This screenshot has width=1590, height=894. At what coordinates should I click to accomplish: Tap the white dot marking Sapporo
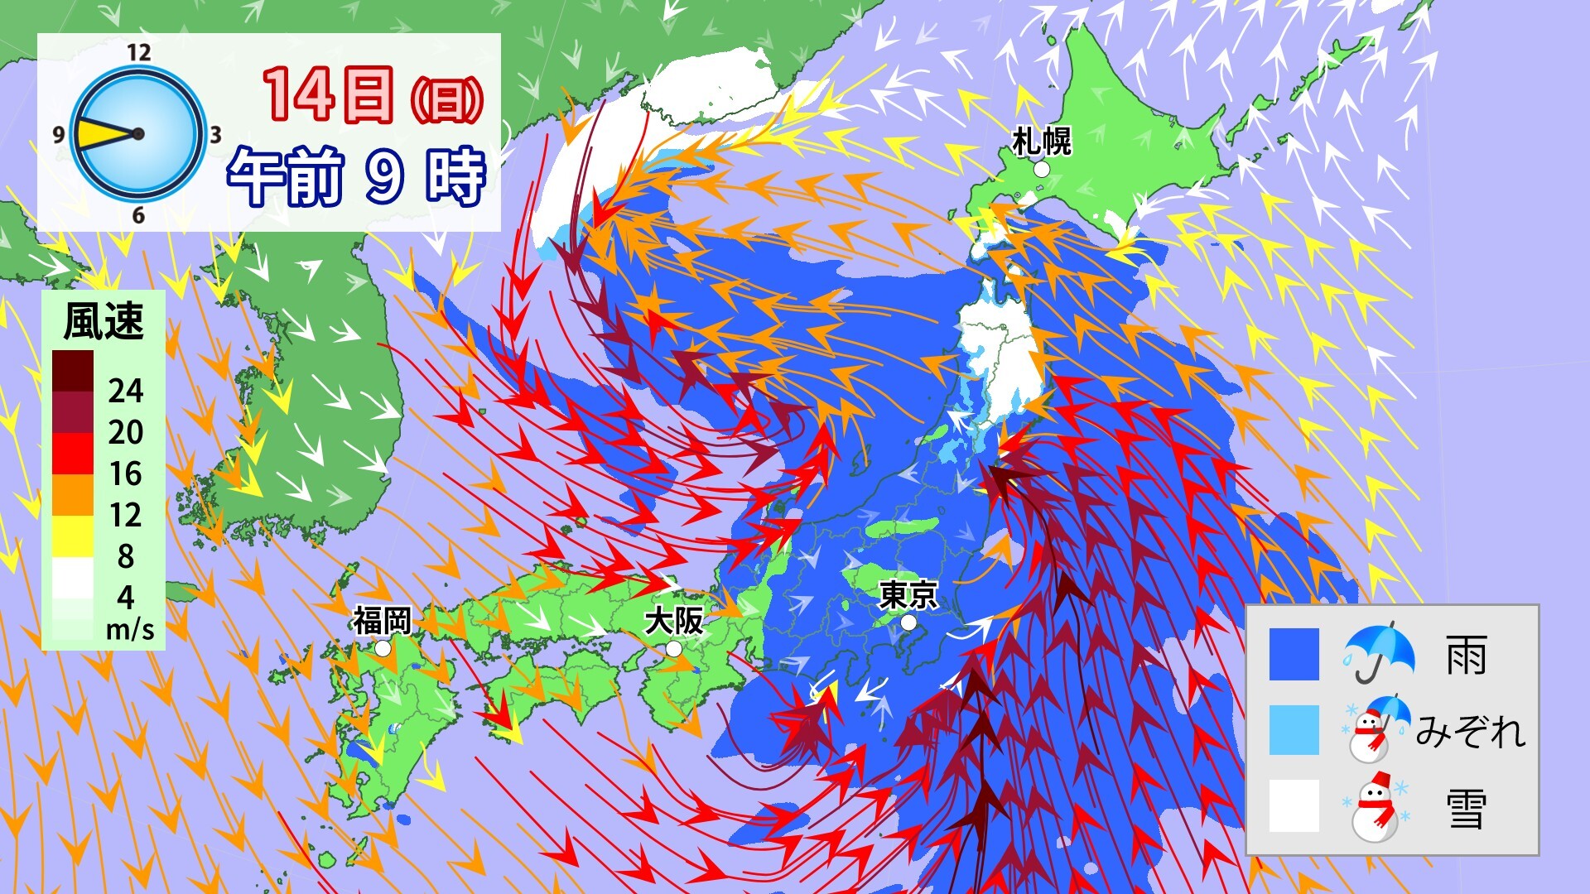point(1042,169)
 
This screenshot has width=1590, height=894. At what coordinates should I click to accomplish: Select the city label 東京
point(908,594)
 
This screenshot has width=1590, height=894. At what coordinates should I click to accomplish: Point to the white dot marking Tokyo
point(908,622)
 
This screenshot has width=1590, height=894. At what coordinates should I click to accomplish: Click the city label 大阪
point(674,620)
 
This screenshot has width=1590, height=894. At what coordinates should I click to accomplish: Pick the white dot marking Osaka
point(674,649)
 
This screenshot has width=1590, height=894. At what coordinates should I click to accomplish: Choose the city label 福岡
point(382,620)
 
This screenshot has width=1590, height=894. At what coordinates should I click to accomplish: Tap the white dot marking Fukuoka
point(383,649)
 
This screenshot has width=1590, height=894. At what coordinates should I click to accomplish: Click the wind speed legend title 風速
point(104,321)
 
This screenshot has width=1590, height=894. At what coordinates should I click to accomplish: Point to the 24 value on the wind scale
point(125,391)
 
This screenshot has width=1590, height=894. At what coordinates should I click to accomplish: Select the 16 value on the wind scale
point(125,473)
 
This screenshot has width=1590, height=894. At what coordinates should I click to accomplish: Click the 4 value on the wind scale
point(125,598)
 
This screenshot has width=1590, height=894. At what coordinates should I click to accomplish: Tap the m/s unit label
point(130,630)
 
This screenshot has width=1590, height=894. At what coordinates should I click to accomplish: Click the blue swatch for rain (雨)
point(1294,654)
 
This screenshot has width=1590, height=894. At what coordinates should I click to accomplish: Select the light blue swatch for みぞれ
point(1294,730)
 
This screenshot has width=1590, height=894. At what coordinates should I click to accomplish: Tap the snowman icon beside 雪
point(1375,806)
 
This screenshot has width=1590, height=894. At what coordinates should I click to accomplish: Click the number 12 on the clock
point(138,53)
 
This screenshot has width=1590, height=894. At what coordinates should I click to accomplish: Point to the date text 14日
point(329,94)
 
